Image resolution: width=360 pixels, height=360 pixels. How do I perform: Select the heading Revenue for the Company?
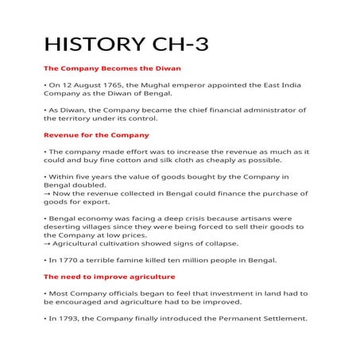tap(96, 134)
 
